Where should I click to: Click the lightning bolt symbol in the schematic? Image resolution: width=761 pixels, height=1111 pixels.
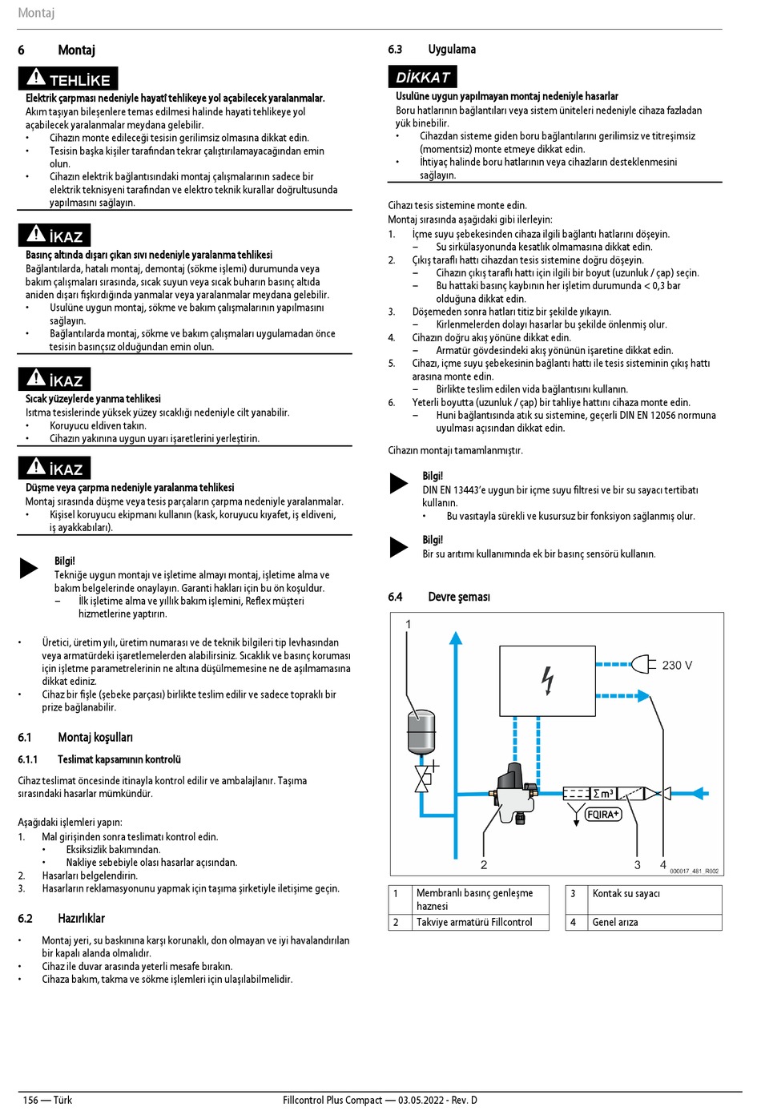pos(548,680)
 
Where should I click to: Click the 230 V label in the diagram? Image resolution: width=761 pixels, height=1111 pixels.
pos(677,665)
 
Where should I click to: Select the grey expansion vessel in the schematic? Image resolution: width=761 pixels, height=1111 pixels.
pos(421,731)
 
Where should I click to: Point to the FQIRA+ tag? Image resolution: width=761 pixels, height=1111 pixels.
pos(603,814)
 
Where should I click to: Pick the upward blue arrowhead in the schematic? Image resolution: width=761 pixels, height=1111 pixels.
pos(456,638)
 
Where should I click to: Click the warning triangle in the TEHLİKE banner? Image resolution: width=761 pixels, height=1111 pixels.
pos(36,78)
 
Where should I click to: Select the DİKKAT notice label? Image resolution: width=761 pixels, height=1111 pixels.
pos(423,77)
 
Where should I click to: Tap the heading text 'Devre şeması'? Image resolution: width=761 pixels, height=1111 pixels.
pos(459,597)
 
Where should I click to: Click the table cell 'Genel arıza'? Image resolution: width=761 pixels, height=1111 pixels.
pos(615,922)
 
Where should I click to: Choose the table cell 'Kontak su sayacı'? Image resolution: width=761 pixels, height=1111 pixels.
pos(626,893)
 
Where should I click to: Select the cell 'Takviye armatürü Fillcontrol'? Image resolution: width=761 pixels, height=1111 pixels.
pos(474,922)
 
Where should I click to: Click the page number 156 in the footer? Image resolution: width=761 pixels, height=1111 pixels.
pos(30,1100)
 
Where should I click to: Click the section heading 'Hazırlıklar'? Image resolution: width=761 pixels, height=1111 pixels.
pos(81,918)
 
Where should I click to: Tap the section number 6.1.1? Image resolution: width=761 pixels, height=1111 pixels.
pos(28,759)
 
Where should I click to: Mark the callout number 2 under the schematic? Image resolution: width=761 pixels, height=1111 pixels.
pos(484,864)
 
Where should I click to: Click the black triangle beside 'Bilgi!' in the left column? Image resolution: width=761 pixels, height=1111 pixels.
pos(29,568)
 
